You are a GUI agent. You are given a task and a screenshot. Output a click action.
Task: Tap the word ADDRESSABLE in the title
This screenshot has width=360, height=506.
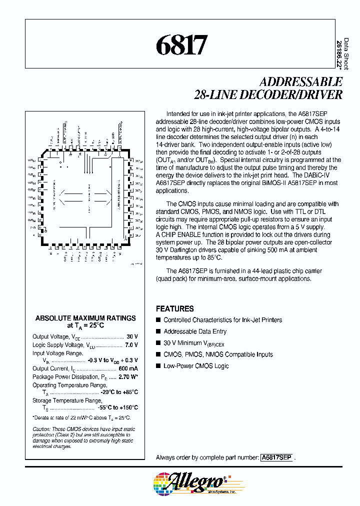pos(301,82)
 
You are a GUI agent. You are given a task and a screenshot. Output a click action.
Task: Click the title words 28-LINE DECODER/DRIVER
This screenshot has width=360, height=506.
pos(268,94)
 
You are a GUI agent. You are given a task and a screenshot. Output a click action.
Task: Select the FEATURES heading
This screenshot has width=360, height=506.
pos(174,308)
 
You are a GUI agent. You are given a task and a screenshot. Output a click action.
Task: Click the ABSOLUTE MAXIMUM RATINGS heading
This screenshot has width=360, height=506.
pos(85,318)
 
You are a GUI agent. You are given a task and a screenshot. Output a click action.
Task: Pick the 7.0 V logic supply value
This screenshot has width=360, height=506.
pos(131,345)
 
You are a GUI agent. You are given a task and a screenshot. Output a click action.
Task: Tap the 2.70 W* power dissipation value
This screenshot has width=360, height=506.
pos(128,376)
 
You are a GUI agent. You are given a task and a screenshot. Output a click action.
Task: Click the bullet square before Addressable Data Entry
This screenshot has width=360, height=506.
pos(158,331)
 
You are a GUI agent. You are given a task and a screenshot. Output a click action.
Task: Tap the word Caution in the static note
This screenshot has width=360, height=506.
pos(41,429)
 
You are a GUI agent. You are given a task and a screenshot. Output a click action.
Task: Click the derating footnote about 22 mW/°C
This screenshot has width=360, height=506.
pos(81,417)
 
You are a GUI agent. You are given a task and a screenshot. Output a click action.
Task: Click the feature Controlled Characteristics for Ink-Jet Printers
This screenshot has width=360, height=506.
pos(222,320)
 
